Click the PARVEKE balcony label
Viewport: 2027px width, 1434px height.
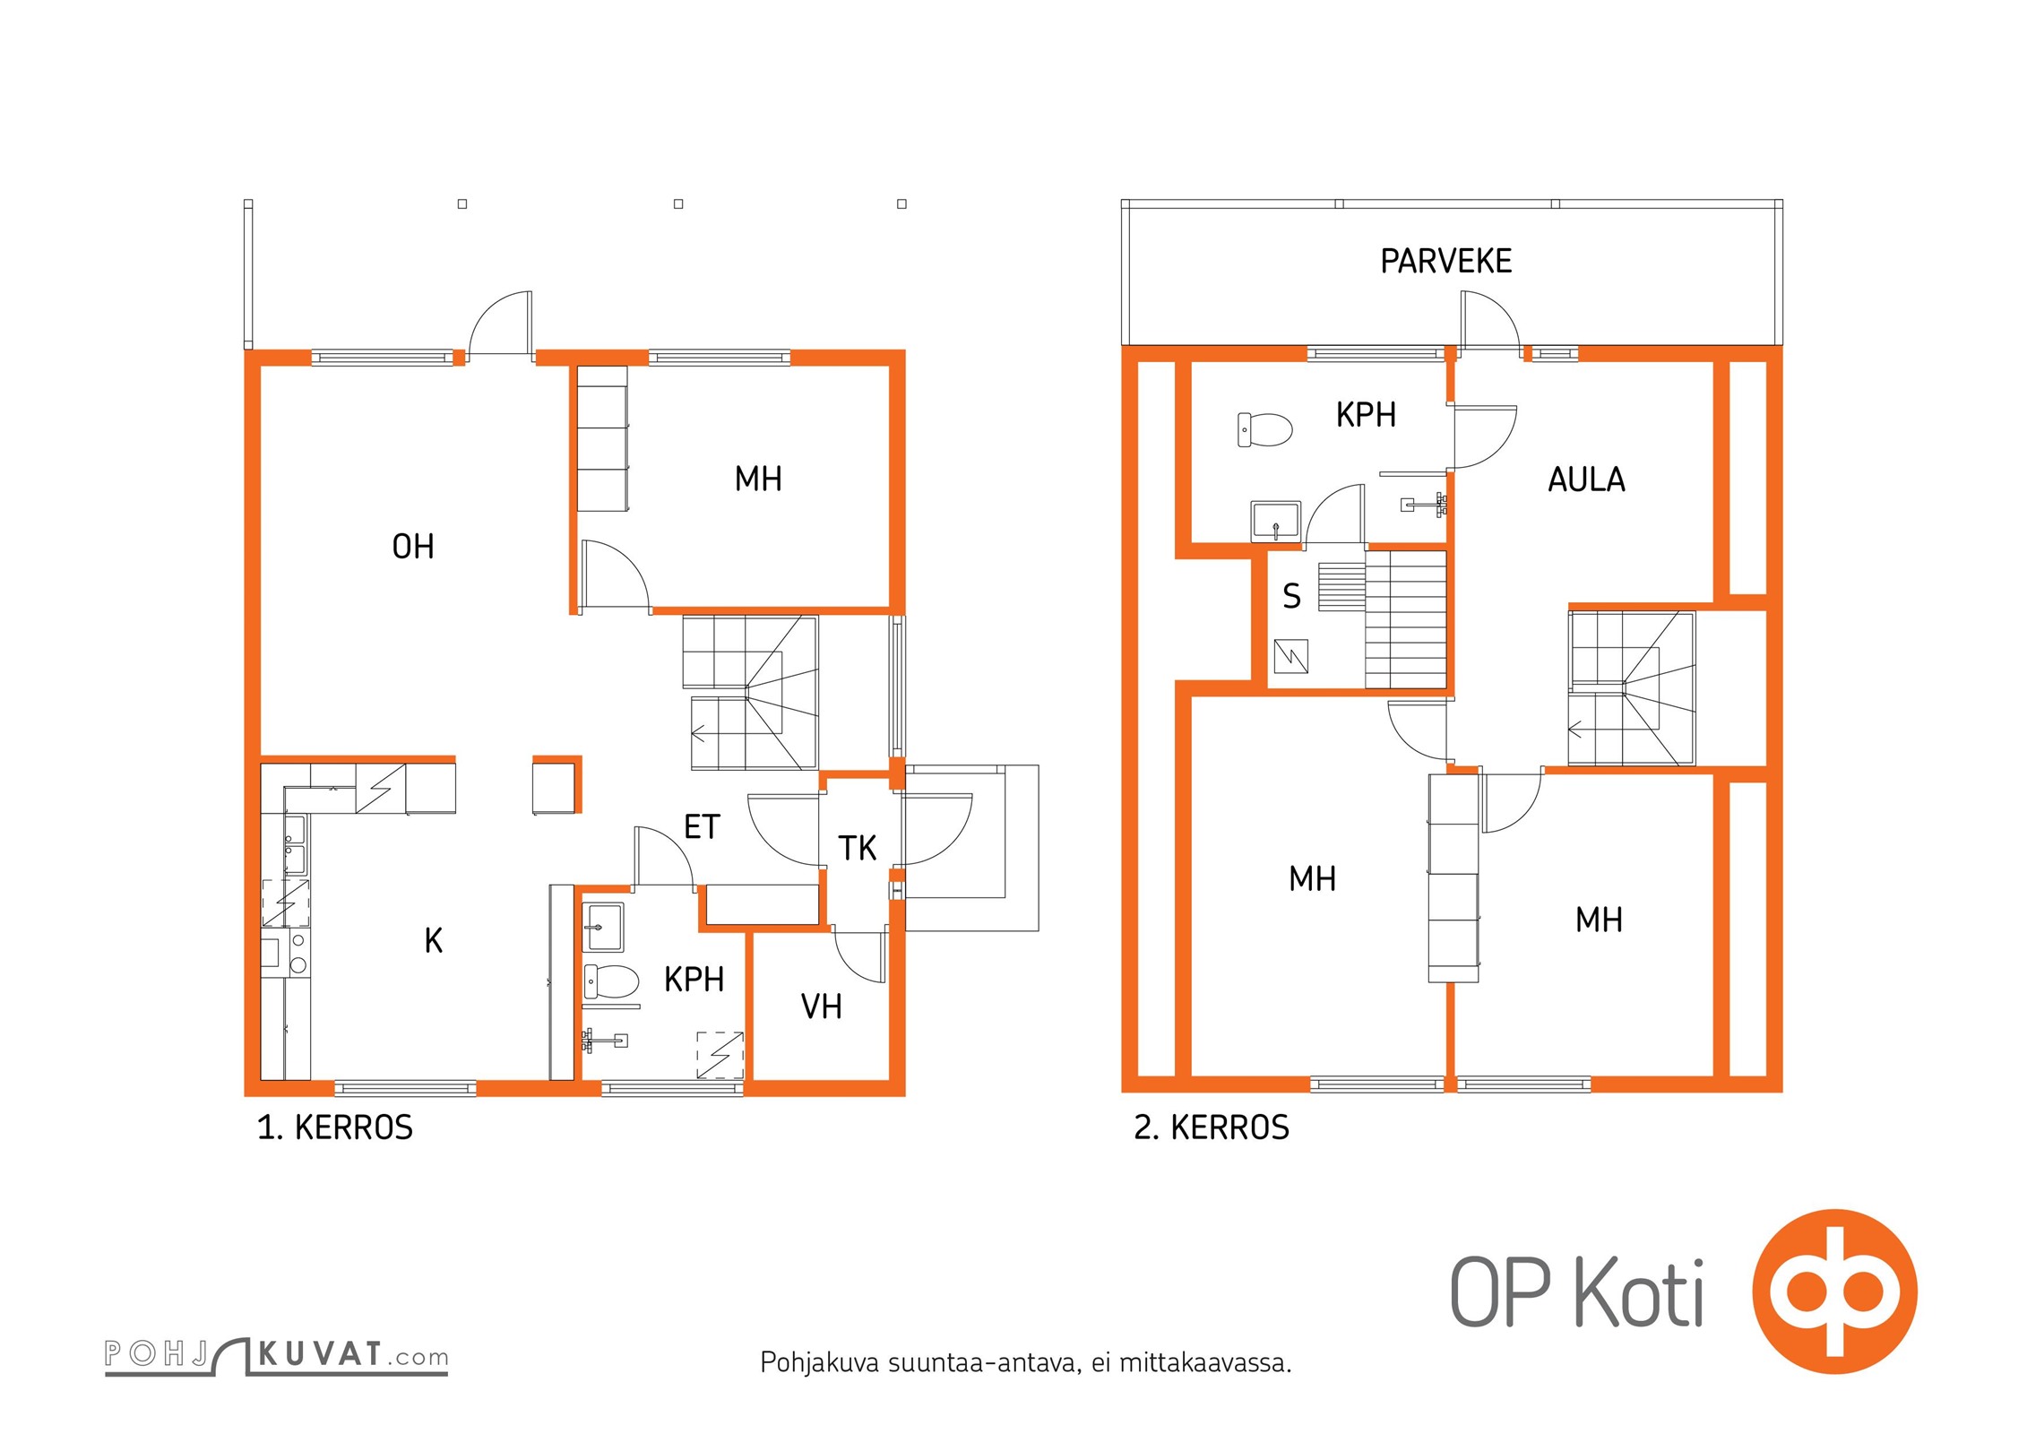pos(1445,261)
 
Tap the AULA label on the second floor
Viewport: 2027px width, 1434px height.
pos(1586,479)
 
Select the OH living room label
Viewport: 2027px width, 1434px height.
pos(413,546)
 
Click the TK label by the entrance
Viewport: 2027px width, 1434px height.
pos(857,848)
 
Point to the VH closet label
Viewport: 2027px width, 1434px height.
pos(821,1006)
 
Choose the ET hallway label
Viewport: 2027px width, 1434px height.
pos(702,826)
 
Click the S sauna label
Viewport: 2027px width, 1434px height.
pos(1291,596)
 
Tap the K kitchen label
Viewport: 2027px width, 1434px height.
pos(434,940)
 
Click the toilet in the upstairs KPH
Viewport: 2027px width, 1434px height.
pos(1264,429)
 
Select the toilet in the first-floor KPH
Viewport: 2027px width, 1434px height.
pos(611,981)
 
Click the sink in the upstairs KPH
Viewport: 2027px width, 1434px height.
pos(1275,522)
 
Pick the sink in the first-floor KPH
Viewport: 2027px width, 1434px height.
pos(603,927)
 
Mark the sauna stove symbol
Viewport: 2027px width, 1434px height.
pos(1290,656)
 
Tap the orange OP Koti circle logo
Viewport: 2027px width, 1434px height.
pos(1835,1291)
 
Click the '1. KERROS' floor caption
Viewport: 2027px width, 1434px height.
pos(335,1127)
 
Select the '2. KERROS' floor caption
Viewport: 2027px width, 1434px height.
pos(1212,1127)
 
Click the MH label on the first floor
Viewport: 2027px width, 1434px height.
pos(758,479)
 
